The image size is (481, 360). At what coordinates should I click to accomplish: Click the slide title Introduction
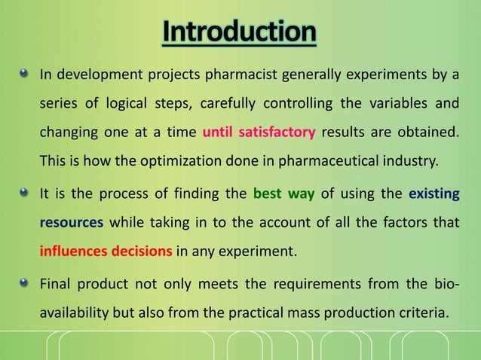(x=240, y=32)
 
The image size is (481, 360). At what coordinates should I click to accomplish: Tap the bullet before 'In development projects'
(x=25, y=74)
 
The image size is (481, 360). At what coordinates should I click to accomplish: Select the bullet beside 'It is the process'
(x=25, y=194)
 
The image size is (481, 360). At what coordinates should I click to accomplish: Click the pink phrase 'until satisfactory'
(x=259, y=133)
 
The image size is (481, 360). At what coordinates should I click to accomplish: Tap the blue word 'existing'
(x=434, y=194)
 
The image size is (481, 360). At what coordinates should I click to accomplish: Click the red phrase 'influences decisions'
(x=106, y=252)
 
